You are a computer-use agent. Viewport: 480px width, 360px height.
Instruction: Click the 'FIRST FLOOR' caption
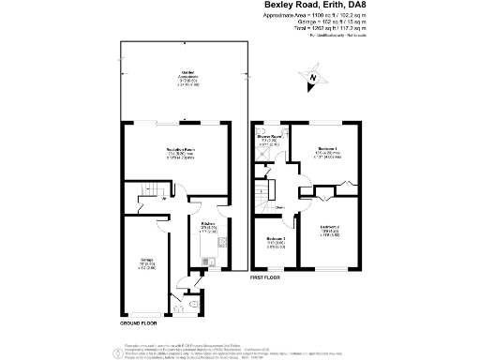coord(267,278)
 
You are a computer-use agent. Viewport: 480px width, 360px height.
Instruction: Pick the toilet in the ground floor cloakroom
coord(191,303)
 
